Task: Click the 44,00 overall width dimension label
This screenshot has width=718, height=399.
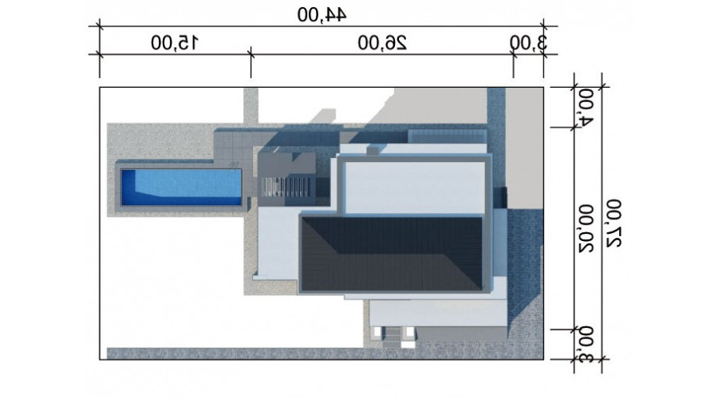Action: click(322, 14)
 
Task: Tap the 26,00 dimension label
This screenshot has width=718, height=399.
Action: click(382, 43)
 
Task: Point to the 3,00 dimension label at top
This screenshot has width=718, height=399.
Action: click(528, 43)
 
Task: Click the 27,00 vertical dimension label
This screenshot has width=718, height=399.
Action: click(613, 223)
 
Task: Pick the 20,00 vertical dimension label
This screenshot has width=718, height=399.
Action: click(586, 228)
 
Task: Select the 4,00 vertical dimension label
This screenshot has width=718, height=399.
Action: click(586, 107)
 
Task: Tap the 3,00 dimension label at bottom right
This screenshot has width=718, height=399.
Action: click(586, 345)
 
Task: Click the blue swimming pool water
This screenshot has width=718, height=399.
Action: click(181, 188)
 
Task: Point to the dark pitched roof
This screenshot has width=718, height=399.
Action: click(392, 255)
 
